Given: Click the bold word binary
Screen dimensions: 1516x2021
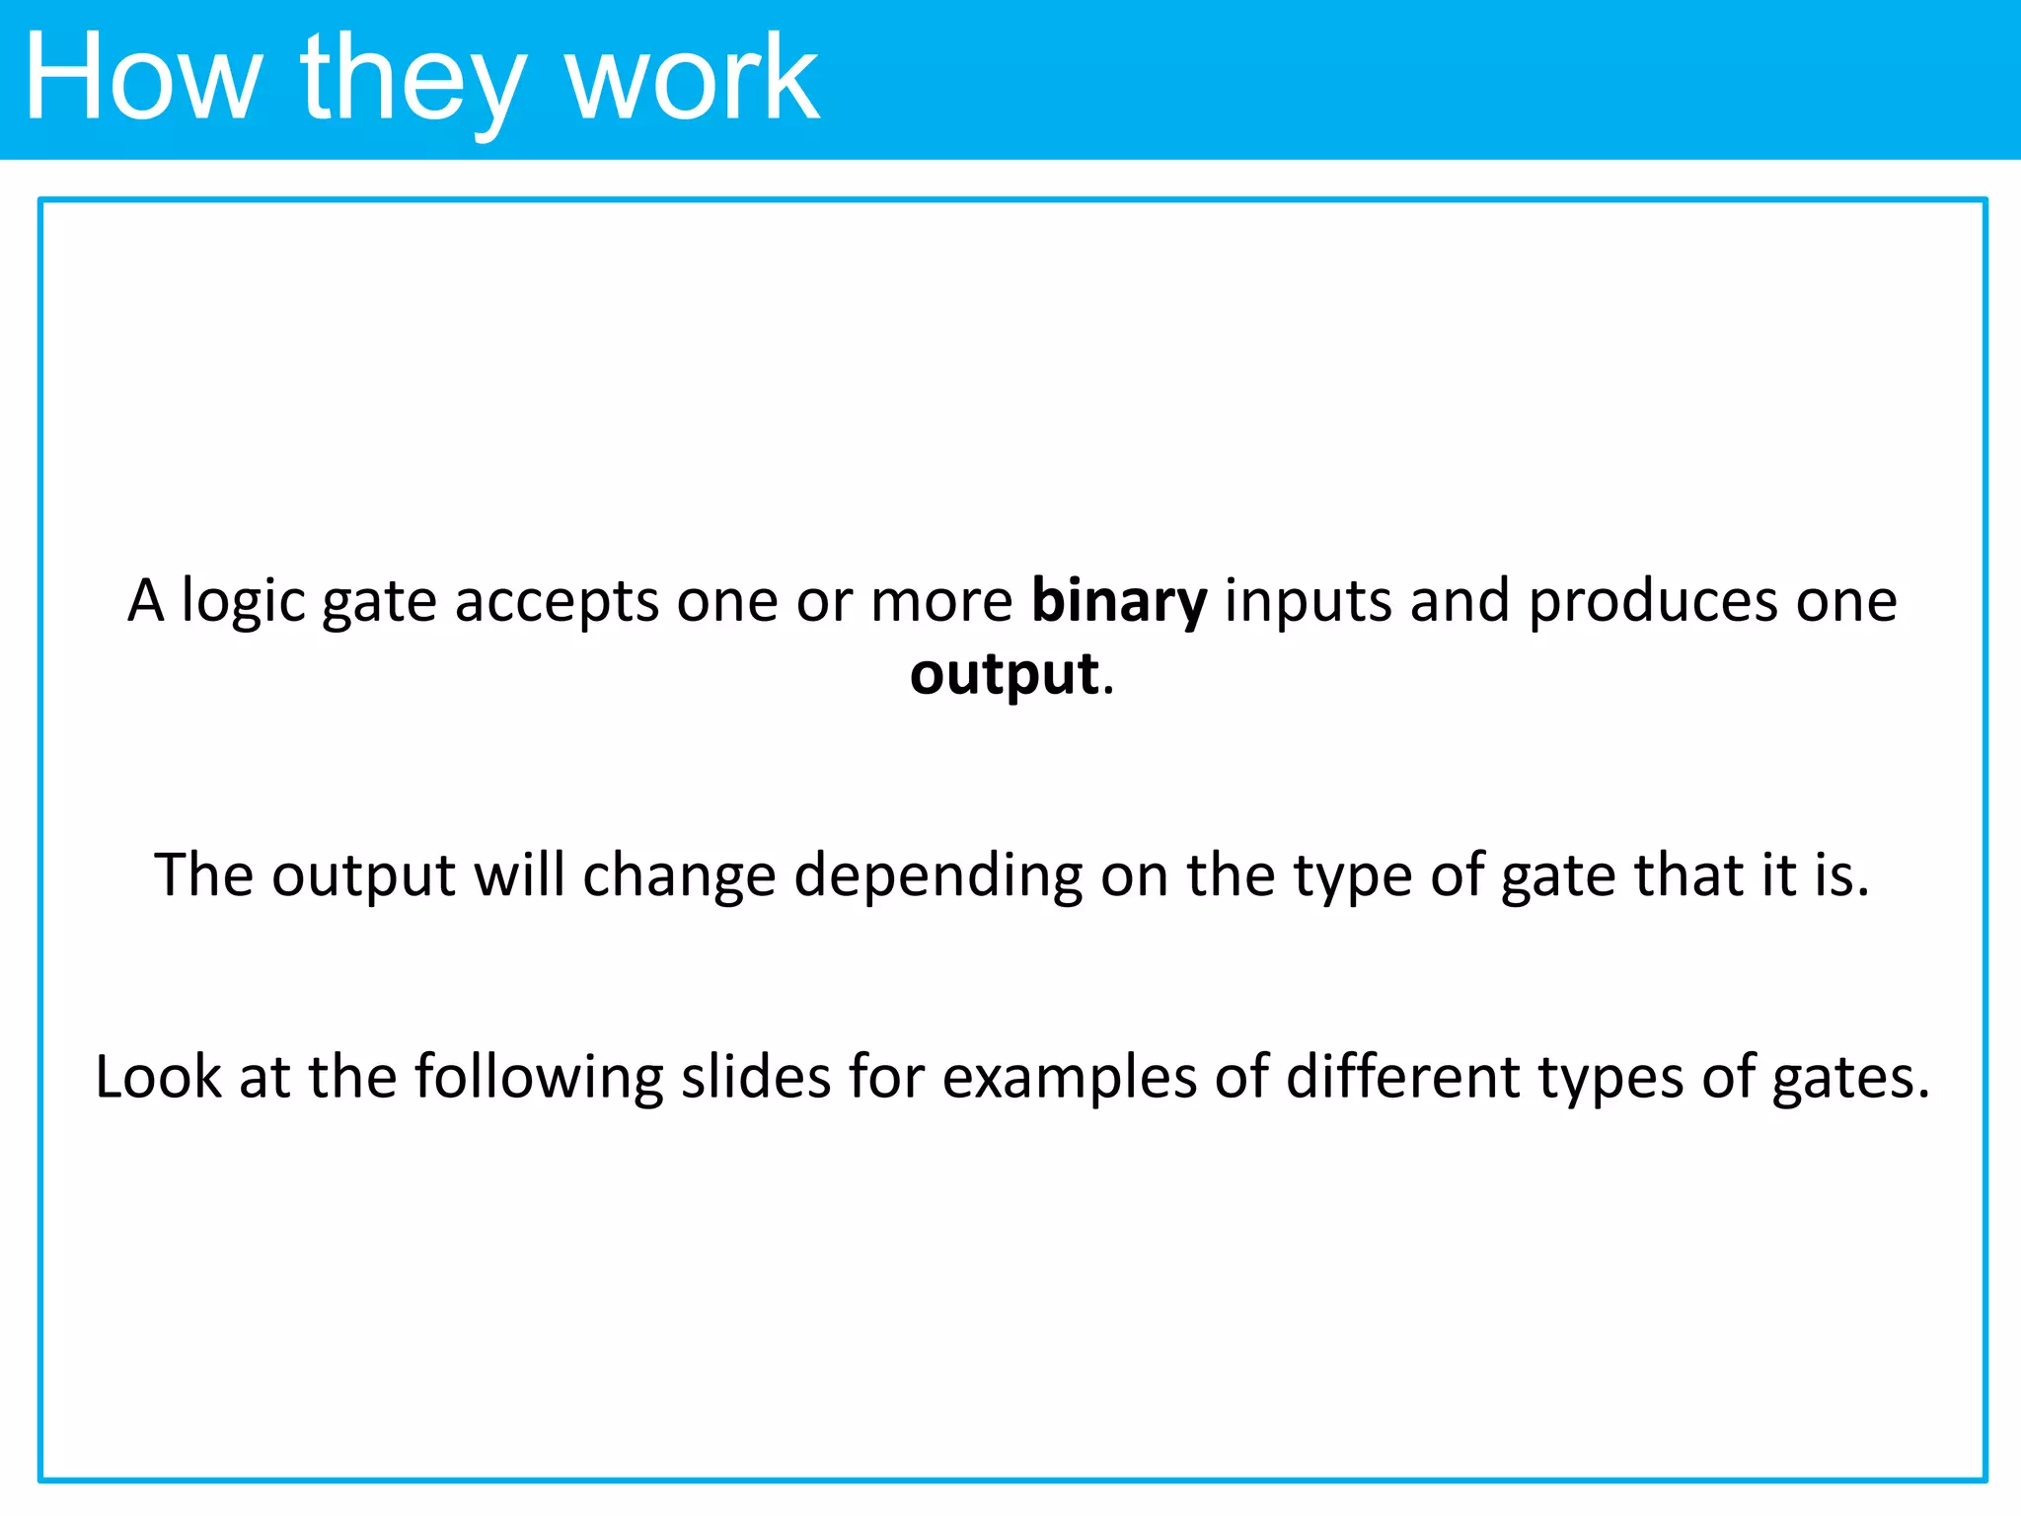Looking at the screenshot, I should point(1118,601).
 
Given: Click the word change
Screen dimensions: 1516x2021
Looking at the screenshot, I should point(679,875).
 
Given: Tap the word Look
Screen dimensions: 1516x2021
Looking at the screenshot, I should point(158,1077).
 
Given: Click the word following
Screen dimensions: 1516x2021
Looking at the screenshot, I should point(539,1077).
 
